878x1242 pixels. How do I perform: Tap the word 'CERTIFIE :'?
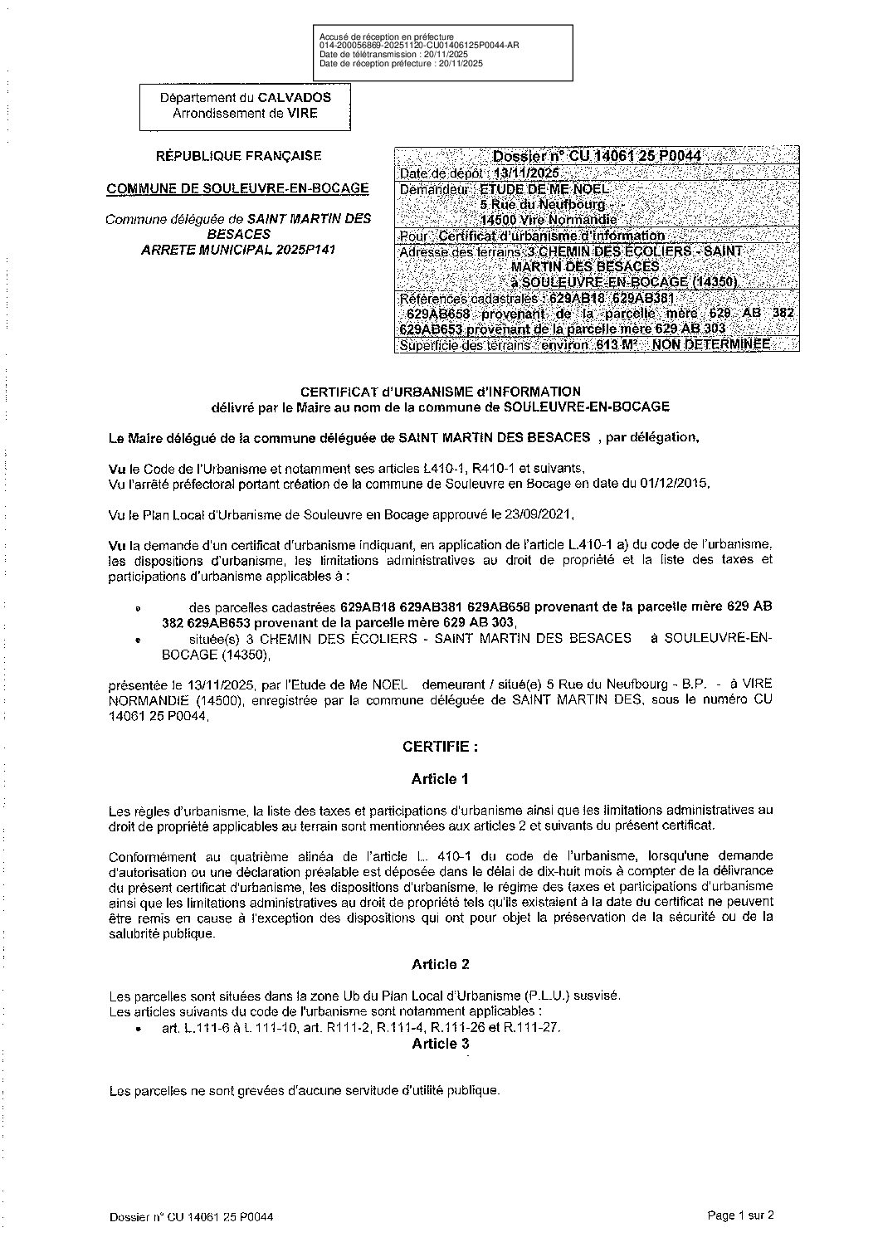(440, 747)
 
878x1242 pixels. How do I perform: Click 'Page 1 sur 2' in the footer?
(740, 1216)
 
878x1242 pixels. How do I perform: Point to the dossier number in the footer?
(192, 1217)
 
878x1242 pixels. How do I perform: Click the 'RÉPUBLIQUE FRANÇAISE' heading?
(239, 155)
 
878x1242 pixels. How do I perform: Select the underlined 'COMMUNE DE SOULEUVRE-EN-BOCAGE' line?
(238, 188)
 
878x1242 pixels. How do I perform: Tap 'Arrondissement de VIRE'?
(245, 114)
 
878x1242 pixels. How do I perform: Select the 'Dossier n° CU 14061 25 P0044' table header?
(597, 156)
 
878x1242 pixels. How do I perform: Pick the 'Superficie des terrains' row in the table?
(585, 345)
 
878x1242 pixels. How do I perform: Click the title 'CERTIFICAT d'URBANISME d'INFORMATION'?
(440, 391)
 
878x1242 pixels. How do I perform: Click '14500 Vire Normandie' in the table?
(549, 220)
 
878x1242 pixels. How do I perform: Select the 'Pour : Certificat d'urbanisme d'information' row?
(532, 236)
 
